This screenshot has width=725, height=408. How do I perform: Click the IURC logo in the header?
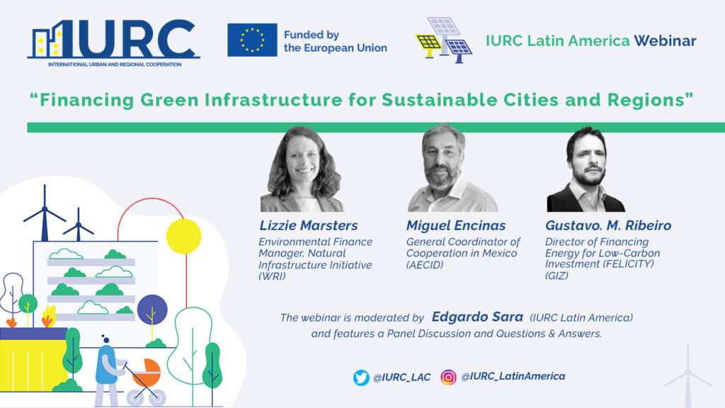pos(113,40)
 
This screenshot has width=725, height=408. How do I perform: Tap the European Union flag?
pos(251,40)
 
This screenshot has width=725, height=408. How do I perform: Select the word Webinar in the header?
pos(665,41)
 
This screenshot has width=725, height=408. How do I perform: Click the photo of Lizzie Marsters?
pos(302,170)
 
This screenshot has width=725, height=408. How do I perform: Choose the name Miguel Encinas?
pos(456,226)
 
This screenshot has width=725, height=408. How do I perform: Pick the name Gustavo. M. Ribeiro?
pos(608,226)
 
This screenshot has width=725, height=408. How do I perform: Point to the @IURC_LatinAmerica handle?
pos(513,377)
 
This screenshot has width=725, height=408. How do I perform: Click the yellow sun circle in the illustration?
pos(183,236)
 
